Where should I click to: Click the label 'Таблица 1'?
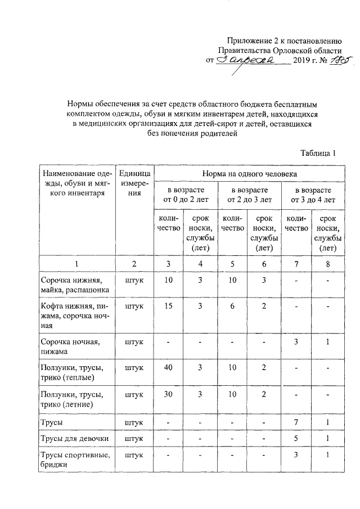tap(318, 152)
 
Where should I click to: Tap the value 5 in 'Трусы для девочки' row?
tap(296, 438)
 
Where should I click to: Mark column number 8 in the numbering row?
tap(328, 263)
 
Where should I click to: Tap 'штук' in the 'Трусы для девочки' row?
tap(134, 438)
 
